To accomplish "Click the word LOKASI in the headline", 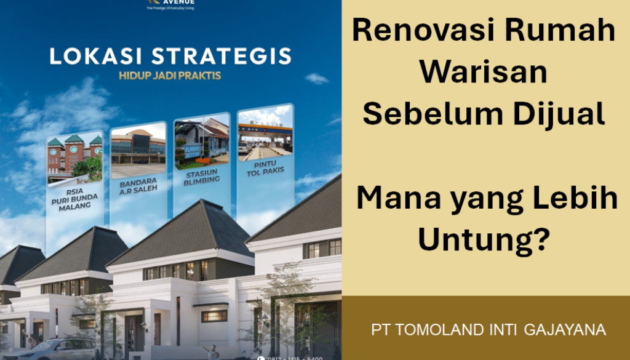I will click(x=87, y=57).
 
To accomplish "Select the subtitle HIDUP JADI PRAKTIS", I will click(x=170, y=78).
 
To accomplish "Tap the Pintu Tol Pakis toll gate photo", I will click(x=265, y=136).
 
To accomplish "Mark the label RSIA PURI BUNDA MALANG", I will click(x=74, y=198).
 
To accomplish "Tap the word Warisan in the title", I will click(x=487, y=73).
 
